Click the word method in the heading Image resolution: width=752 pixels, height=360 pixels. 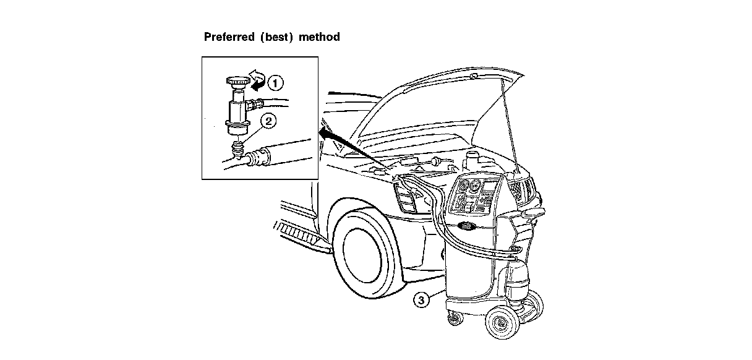[319, 37]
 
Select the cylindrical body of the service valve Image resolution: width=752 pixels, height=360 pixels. [236, 112]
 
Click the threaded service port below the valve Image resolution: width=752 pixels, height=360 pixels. [237, 149]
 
